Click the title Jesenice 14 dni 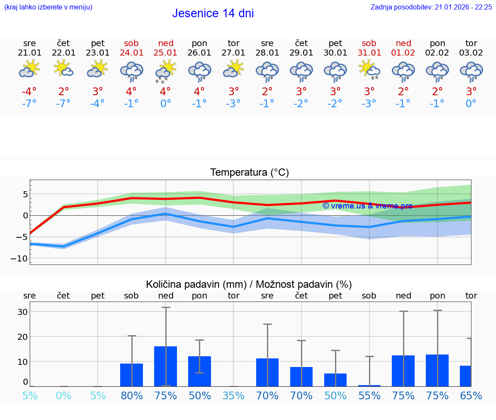[213, 13]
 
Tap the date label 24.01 [131, 53]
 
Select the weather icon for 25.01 [165, 72]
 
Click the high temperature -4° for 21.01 [29, 92]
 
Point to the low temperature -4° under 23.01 [97, 104]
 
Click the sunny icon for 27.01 [233, 69]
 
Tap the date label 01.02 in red [403, 53]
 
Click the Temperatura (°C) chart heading [249, 173]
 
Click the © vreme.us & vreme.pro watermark [367, 206]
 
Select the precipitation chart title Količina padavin [249, 284]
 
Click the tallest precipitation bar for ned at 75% [165, 366]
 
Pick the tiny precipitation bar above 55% [369, 386]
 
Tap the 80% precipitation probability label [131, 395]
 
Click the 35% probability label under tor [233, 395]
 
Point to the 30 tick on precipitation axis [22, 312]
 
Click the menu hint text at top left [48, 7]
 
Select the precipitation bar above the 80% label [131, 375]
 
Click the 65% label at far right [471, 395]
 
